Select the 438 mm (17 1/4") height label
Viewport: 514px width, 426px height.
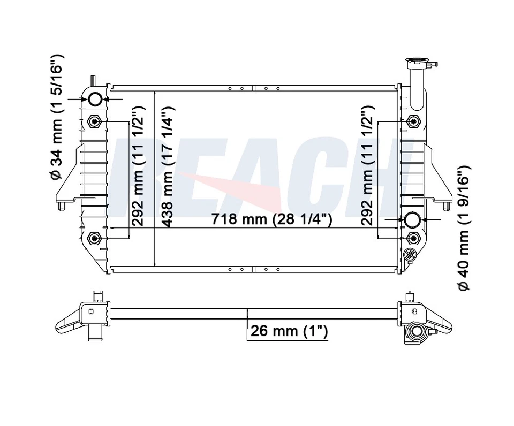pos(169,166)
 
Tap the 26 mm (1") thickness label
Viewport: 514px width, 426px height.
pos(289,331)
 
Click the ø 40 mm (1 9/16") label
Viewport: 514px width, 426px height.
pos(464,228)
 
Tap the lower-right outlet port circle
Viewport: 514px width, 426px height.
pos(412,220)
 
